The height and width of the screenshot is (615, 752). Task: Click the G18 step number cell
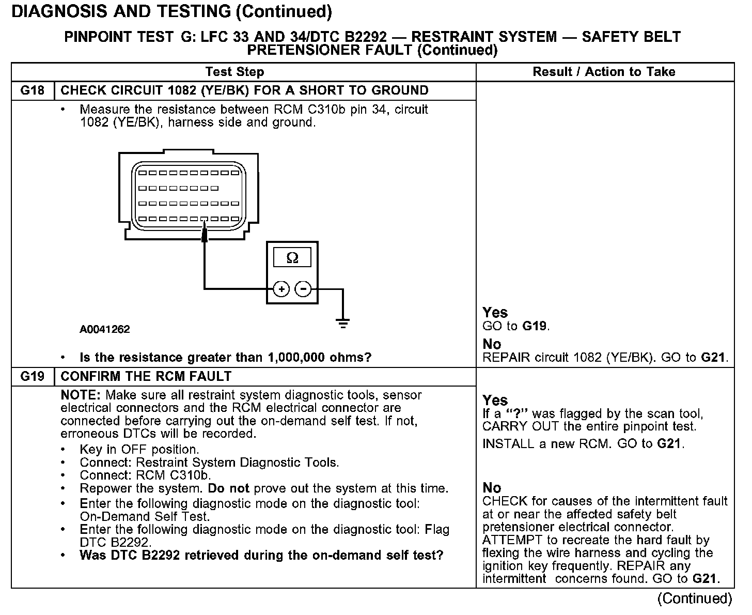[x=33, y=91]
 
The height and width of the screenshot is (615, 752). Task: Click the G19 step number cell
[x=33, y=377]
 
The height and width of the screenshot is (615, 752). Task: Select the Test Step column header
[x=234, y=72]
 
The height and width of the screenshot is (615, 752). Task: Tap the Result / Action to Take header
[x=604, y=72]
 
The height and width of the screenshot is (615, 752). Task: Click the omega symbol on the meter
[x=292, y=258]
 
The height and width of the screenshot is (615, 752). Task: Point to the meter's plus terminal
[x=281, y=289]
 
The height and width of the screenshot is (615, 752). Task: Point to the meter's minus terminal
[x=303, y=289]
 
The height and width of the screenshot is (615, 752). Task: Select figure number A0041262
[x=105, y=329]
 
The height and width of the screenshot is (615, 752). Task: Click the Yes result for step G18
[x=495, y=313]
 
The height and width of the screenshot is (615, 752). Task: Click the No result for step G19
[x=492, y=488]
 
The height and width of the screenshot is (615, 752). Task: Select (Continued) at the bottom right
[x=695, y=598]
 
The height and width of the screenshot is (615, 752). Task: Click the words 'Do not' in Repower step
[x=229, y=488]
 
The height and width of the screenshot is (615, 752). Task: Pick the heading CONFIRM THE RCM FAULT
[x=146, y=377]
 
